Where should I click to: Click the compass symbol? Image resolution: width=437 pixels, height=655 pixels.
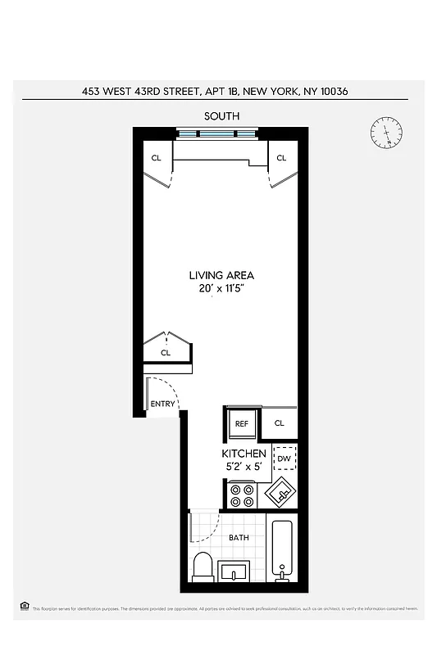(386, 133)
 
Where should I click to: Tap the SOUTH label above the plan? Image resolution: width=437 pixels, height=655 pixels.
(221, 115)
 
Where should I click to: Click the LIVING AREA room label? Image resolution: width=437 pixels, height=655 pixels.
(221, 275)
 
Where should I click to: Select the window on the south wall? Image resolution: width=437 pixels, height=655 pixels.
(217, 133)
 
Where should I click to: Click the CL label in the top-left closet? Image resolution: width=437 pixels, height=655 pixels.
(156, 158)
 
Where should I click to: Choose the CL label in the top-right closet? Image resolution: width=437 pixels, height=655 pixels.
(281, 158)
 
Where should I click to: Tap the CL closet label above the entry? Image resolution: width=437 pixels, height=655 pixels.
(165, 353)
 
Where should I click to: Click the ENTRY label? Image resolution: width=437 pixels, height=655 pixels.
(162, 404)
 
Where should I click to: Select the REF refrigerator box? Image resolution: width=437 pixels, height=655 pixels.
(242, 423)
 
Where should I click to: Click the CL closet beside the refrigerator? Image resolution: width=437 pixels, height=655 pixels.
(279, 423)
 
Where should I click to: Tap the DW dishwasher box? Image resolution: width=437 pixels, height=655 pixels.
(285, 458)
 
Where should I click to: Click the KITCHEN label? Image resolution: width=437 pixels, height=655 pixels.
(244, 454)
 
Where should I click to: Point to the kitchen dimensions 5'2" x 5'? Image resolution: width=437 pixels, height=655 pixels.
(244, 467)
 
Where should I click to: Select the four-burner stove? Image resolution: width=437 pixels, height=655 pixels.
(242, 495)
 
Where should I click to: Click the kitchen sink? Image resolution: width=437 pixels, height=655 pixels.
(279, 494)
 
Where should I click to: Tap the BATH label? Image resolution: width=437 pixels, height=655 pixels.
(239, 538)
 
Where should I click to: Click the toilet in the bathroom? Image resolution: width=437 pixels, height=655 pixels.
(203, 566)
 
